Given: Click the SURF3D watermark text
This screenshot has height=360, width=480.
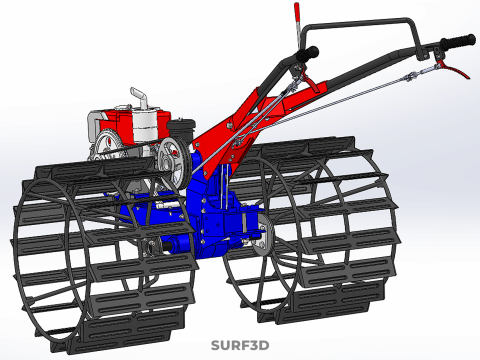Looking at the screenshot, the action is (240, 345).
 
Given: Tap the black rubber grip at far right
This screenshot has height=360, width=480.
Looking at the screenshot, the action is (458, 41).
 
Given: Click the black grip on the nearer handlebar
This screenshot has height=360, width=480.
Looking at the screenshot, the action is (307, 53).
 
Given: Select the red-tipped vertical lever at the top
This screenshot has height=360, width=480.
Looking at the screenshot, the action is (297, 25).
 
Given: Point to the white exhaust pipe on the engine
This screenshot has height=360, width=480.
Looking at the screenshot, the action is (140, 97).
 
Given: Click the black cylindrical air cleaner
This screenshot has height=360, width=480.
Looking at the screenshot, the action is (180, 131).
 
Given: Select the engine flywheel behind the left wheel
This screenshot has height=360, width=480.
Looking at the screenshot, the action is (106, 146).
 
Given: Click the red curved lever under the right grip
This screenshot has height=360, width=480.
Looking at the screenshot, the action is (454, 68).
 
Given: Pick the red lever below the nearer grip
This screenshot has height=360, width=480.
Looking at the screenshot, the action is (307, 81).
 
